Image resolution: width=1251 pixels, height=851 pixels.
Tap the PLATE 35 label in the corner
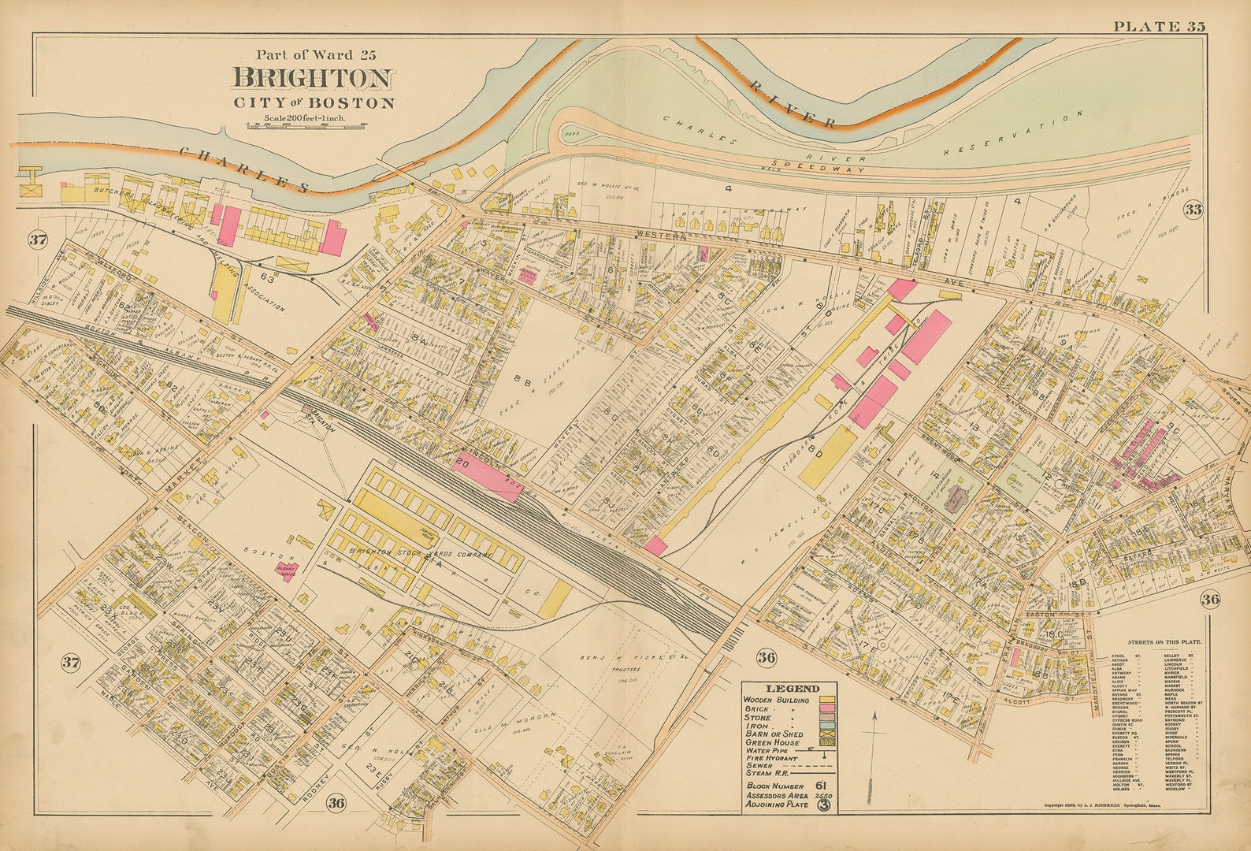click(1158, 27)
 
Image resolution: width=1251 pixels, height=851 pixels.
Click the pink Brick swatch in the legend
click(827, 709)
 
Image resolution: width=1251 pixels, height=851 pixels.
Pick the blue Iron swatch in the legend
click(827, 726)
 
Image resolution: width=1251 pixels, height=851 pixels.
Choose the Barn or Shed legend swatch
click(827, 734)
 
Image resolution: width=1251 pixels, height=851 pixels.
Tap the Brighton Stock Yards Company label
click(421, 554)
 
